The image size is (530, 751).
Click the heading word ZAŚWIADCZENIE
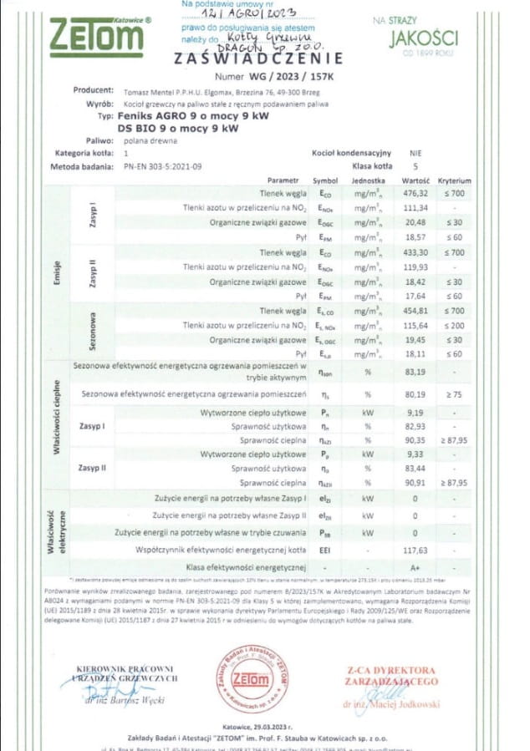click(x=259, y=58)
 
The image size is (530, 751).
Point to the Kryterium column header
click(x=456, y=180)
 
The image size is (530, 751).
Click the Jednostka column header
click(x=368, y=180)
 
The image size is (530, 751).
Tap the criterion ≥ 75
click(x=456, y=393)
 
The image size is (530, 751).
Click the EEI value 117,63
click(x=415, y=550)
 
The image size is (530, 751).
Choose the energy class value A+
click(x=415, y=568)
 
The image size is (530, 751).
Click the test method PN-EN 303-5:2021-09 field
click(x=162, y=166)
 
